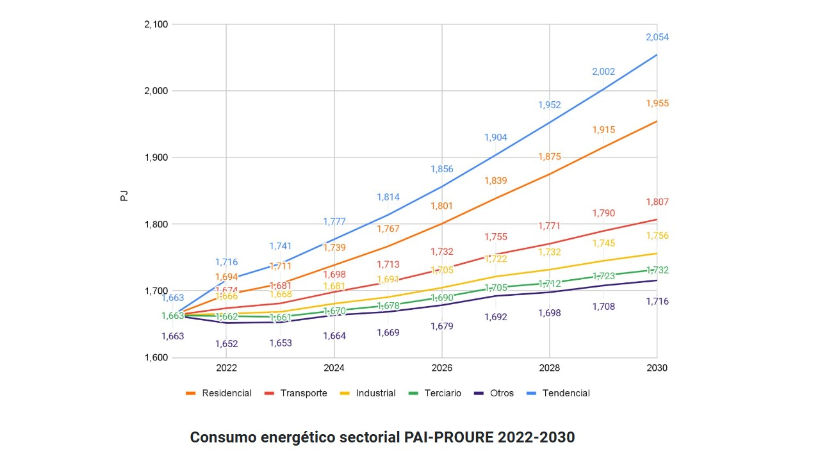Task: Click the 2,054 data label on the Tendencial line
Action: tap(657, 37)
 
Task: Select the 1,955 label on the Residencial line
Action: tap(657, 104)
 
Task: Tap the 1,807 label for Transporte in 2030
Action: tap(657, 202)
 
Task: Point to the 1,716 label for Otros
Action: tap(657, 302)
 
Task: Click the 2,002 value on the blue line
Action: tap(603, 72)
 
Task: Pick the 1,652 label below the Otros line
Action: tap(227, 344)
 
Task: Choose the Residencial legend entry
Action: tap(218, 393)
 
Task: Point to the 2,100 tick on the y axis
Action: tap(156, 24)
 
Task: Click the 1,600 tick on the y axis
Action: tap(156, 358)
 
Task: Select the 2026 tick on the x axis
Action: tap(442, 368)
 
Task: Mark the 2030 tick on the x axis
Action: tap(657, 368)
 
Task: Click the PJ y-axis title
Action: tap(124, 196)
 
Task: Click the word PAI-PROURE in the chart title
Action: tap(449, 437)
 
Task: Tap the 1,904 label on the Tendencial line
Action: tap(496, 137)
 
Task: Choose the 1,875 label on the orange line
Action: tap(550, 157)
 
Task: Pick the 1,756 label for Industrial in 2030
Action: tap(657, 236)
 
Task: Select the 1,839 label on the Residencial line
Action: tap(496, 181)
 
